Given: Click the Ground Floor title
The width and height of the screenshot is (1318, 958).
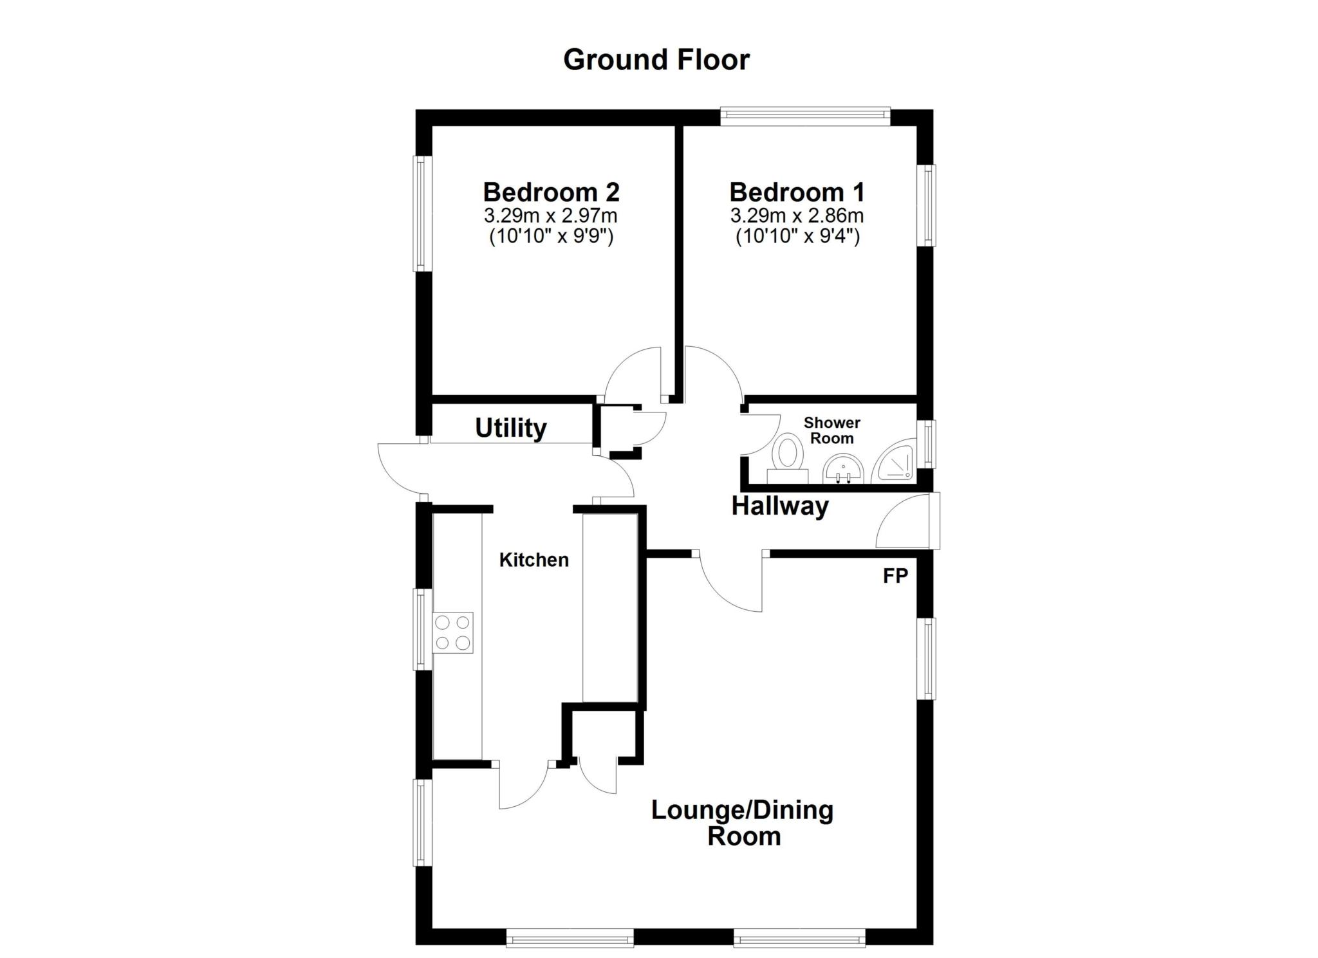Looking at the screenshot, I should (656, 60).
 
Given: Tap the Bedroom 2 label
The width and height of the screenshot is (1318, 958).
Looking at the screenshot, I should (551, 192).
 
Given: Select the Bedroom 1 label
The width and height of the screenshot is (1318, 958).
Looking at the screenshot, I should (797, 192).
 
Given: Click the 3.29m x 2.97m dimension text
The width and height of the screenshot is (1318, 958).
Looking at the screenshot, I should (551, 215).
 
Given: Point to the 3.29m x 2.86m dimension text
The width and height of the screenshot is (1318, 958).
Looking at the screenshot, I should (797, 215).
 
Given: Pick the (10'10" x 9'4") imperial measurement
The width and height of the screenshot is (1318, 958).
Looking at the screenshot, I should (797, 237).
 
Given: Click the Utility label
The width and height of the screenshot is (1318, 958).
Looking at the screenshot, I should (510, 428).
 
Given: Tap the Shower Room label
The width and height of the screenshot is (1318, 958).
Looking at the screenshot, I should (831, 430).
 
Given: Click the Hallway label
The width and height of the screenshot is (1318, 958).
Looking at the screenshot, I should (779, 506).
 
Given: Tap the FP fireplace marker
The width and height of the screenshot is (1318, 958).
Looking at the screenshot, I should (895, 576).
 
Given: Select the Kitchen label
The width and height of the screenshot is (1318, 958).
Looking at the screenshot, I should (534, 560).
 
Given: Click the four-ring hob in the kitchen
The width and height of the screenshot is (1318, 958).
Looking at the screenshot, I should (452, 632).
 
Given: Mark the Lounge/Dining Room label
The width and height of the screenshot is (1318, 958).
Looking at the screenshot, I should (743, 823).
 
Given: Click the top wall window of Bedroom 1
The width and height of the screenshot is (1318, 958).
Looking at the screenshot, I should (804, 116).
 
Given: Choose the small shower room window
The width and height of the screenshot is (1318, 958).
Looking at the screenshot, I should (927, 444).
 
